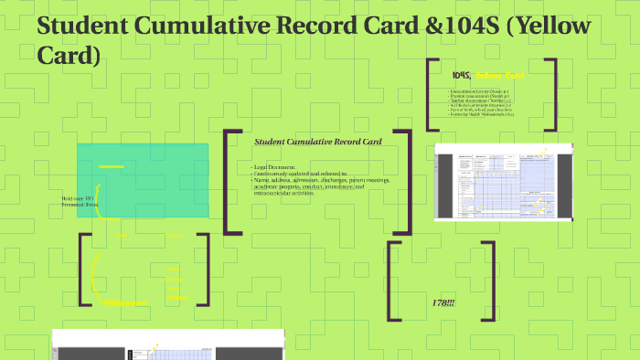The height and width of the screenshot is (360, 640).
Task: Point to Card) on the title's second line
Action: [68, 56]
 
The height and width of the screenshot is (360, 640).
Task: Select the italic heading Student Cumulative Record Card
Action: [317, 142]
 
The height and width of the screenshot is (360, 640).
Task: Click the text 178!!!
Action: [443, 302]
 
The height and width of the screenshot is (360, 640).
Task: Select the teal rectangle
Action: [142, 180]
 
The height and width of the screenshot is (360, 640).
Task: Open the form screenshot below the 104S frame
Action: [503, 182]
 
